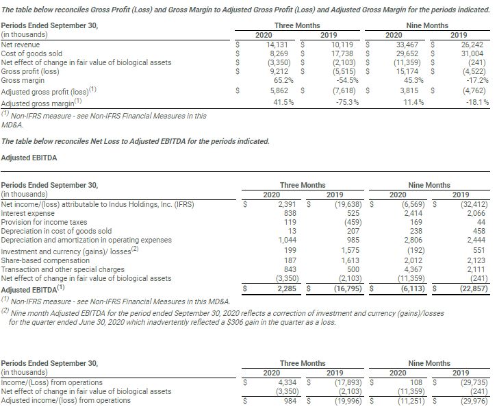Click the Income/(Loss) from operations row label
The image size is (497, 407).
click(x=52, y=382)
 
